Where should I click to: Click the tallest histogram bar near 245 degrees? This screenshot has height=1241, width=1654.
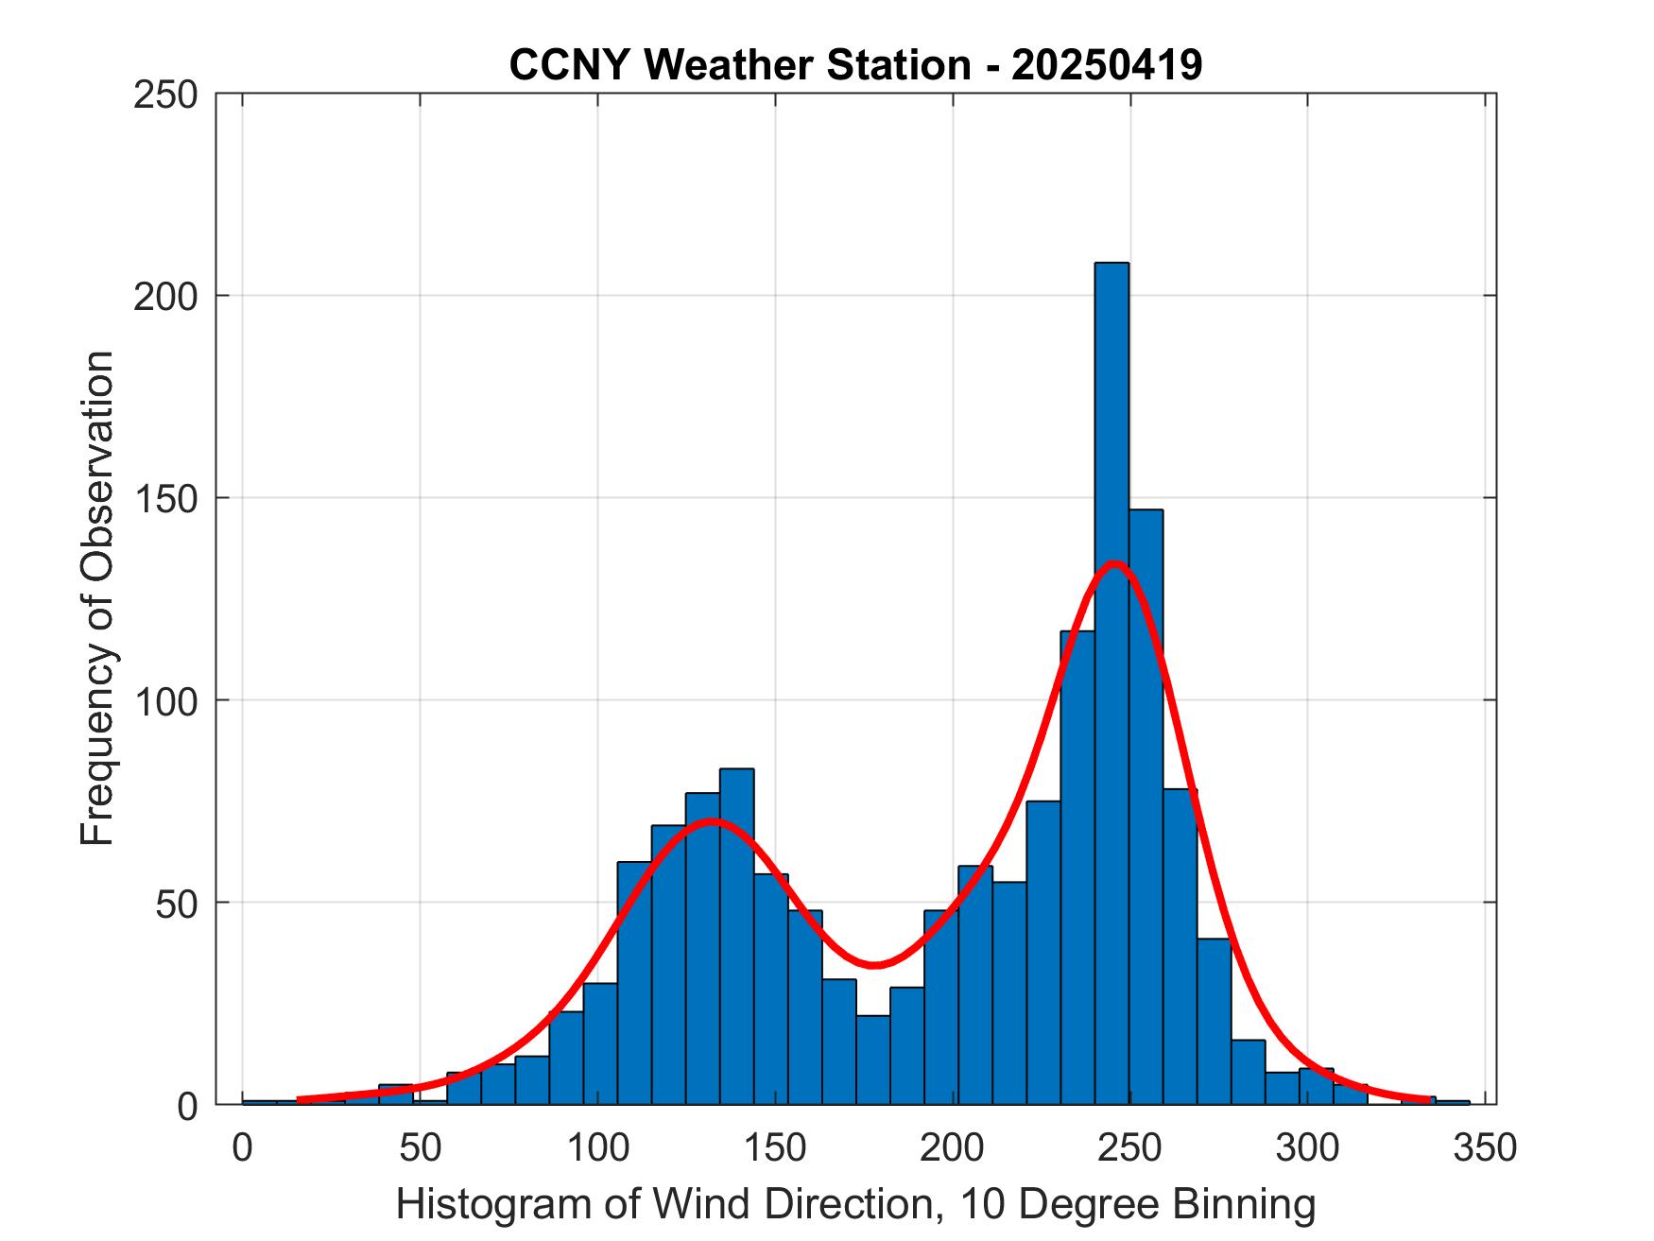coord(1111,681)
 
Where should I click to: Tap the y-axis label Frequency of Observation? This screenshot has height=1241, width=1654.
coord(97,598)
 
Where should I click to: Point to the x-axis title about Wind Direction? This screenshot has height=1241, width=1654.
coord(854,1205)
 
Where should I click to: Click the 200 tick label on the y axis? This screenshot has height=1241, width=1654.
coord(165,297)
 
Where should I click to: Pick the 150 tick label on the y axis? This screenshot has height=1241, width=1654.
coord(165,499)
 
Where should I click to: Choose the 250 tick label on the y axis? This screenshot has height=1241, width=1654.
coord(165,95)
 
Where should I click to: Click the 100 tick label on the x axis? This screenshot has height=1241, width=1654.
coord(597,1148)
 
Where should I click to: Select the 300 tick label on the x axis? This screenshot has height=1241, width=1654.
coord(1307,1148)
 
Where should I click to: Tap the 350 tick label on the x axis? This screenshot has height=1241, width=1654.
coord(1485,1148)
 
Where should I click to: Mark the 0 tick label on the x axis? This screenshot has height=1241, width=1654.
coord(243,1148)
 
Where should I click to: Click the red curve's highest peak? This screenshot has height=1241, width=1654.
coord(1115,564)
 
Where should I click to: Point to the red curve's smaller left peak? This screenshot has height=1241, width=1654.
coord(712,820)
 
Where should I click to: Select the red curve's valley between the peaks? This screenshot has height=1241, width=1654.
coord(875,965)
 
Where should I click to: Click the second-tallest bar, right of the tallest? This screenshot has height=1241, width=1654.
coord(1146,803)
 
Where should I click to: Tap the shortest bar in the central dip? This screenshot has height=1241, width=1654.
coord(873,1059)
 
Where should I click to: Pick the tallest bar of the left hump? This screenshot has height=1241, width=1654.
coord(736,936)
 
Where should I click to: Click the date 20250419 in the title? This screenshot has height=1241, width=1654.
coord(1107,65)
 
